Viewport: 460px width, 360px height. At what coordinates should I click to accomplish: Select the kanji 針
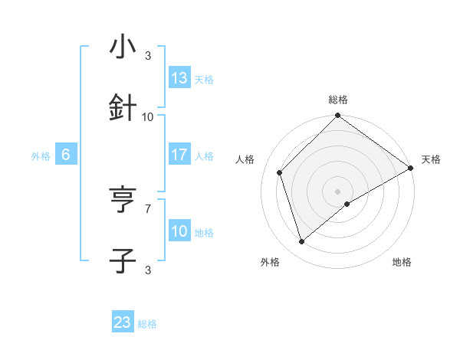click(x=123, y=108)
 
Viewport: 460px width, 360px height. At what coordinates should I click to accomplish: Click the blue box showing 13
click(x=179, y=78)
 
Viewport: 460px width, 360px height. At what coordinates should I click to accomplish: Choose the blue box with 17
click(x=179, y=155)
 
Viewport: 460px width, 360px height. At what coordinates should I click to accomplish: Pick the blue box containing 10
click(x=179, y=231)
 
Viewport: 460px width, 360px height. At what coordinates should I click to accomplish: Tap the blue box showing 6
click(x=66, y=155)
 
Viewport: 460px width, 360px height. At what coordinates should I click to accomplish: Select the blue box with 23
click(x=123, y=322)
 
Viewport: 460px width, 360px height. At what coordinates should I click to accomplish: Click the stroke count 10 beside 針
click(x=148, y=116)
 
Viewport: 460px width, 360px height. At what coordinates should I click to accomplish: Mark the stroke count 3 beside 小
click(x=148, y=55)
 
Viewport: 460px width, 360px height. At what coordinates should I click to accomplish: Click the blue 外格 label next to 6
click(x=41, y=155)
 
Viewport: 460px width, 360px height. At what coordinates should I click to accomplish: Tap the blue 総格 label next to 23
click(x=147, y=324)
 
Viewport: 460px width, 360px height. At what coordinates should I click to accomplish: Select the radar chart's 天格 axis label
click(x=431, y=159)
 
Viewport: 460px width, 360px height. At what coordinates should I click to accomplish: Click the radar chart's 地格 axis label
click(x=402, y=262)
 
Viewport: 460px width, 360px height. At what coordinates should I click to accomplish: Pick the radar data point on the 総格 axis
click(x=338, y=116)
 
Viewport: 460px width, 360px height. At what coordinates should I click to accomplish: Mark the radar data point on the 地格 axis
click(x=348, y=204)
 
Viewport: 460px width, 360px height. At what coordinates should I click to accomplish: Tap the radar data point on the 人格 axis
click(x=280, y=172)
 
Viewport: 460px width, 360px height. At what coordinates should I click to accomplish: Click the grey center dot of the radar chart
click(x=338, y=191)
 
